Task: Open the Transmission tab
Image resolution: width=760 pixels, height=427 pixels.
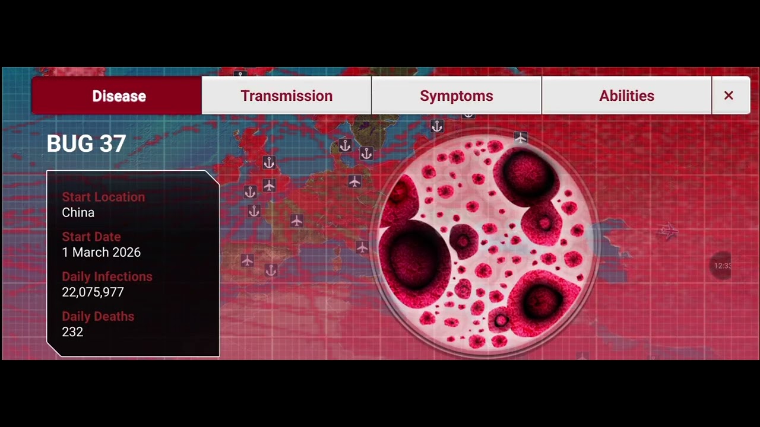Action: pos(286,95)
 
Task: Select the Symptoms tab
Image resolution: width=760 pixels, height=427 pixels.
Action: pos(456,95)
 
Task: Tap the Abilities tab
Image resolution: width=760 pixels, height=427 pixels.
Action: pos(626,95)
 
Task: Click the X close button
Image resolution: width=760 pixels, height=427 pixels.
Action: pos(729,95)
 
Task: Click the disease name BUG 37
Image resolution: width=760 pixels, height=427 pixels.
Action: pos(86,144)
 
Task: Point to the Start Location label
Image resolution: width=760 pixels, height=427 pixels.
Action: pos(103,197)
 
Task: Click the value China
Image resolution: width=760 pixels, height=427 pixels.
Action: pos(78,212)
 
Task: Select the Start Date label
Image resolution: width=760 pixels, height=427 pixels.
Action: pos(91,237)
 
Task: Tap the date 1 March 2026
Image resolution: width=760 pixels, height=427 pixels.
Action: pos(101,252)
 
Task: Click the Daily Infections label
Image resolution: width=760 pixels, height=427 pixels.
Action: pos(107,276)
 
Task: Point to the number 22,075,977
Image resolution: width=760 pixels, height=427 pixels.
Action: pos(93,292)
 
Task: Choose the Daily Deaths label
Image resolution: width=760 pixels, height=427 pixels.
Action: pos(98,316)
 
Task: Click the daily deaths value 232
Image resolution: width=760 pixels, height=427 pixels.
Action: pos(72,332)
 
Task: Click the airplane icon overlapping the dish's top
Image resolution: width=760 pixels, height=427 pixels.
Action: pos(521,138)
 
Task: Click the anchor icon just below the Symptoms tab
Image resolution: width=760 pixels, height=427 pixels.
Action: pos(437,126)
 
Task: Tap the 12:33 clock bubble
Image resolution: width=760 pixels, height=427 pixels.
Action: pos(722,266)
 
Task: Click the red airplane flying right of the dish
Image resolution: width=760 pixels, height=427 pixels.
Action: pos(669,231)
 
